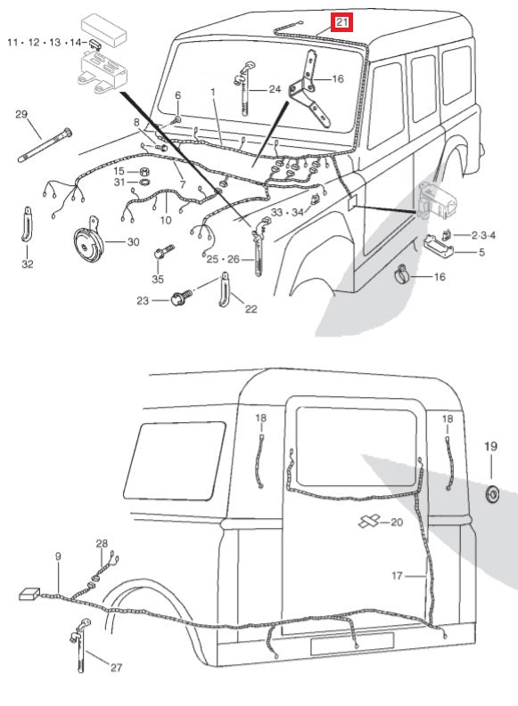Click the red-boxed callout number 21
pyautogui.click(x=343, y=20)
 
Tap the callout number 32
pyautogui.click(x=29, y=264)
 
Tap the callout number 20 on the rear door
pyautogui.click(x=397, y=522)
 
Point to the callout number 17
pyautogui.click(x=398, y=575)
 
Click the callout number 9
pyautogui.click(x=58, y=556)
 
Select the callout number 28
pyautogui.click(x=102, y=543)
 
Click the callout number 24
pyautogui.click(x=274, y=89)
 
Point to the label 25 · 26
pyautogui.click(x=224, y=258)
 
